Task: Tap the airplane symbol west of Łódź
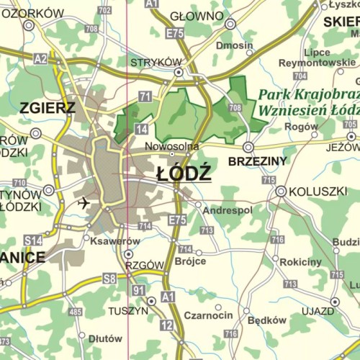point(84,202)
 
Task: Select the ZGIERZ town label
point(48,109)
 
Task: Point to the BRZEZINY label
point(257,161)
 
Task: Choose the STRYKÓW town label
point(156,63)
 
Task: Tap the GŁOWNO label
point(197,16)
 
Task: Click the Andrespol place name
point(228,210)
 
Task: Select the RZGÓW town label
point(144,265)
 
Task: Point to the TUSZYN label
point(127,310)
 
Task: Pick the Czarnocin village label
point(208,315)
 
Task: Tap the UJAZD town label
point(318,311)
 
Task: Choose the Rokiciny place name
point(300,262)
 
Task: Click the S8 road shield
point(109,277)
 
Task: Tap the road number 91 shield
point(139,289)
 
